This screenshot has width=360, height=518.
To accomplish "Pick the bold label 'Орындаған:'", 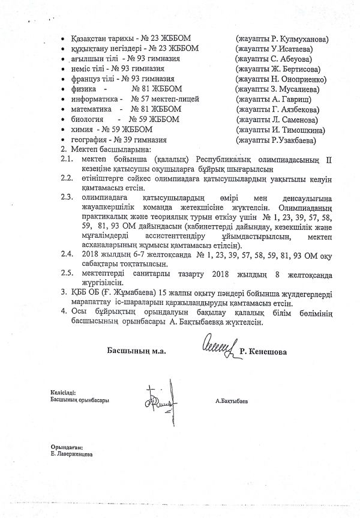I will coord(67,447).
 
